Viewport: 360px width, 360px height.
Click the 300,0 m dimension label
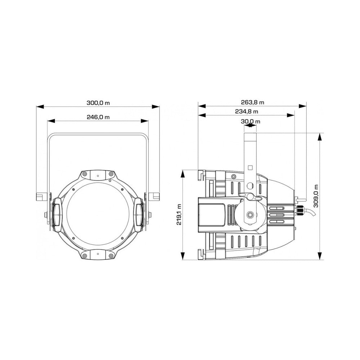tap(98, 103)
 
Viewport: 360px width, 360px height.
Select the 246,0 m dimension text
tap(98, 117)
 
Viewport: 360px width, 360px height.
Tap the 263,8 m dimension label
tap(252, 102)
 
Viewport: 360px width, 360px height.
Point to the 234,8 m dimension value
tap(246, 111)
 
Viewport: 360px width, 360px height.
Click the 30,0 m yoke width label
tap(250, 121)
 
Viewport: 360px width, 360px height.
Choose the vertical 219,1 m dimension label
tap(179, 215)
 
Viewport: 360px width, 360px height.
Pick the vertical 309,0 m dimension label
tap(316, 196)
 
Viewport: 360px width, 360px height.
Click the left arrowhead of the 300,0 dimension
tap(40, 107)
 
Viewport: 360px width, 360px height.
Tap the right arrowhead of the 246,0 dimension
tap(145, 121)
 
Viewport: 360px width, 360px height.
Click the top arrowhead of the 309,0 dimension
tap(319, 137)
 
